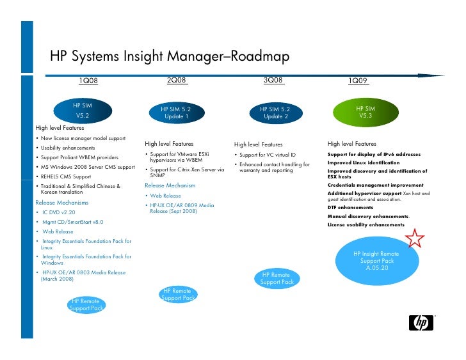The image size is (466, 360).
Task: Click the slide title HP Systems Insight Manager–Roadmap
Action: click(x=170, y=58)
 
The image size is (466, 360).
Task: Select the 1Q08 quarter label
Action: click(x=88, y=81)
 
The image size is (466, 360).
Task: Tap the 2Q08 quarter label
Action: click(x=176, y=80)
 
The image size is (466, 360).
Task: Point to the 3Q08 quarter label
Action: click(x=273, y=80)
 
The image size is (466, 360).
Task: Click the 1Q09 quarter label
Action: click(x=358, y=81)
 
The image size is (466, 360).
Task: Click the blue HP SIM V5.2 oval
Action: click(x=83, y=110)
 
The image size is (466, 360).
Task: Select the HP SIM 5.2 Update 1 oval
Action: click(x=175, y=113)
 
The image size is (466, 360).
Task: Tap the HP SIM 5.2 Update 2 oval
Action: click(x=274, y=113)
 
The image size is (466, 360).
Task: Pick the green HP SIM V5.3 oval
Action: click(x=366, y=113)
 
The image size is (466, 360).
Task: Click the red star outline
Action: click(x=415, y=239)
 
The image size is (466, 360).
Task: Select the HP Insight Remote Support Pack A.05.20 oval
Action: click(x=377, y=261)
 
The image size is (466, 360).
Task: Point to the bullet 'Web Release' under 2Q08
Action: click(x=165, y=196)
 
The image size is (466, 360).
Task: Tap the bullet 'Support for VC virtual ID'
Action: click(x=268, y=155)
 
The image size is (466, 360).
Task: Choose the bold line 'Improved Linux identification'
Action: click(x=363, y=162)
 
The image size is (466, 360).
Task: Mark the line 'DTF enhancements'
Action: click(x=350, y=208)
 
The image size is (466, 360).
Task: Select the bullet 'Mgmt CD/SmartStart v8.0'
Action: click(x=72, y=221)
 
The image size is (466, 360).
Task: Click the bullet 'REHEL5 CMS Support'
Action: click(x=67, y=176)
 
